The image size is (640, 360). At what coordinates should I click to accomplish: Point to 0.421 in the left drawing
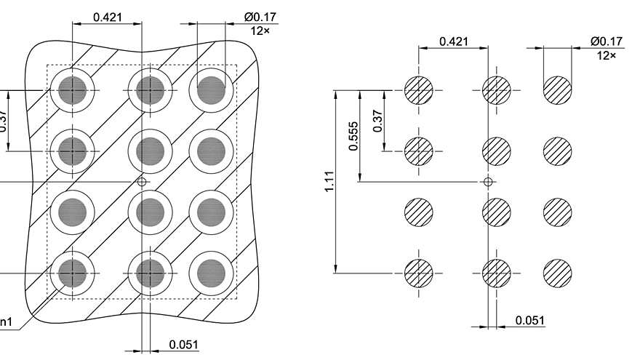tap(107, 17)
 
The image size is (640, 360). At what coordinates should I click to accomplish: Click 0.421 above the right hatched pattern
tap(454, 41)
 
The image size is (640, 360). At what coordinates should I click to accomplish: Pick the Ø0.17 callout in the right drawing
tap(606, 41)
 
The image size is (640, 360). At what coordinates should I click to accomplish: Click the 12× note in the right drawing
tap(606, 55)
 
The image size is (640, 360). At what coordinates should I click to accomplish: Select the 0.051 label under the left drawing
tap(183, 345)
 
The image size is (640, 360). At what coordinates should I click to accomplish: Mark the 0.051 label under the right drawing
tap(529, 320)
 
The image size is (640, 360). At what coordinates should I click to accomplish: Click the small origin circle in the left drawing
tap(143, 181)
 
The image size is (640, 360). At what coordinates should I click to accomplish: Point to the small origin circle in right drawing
tap(489, 181)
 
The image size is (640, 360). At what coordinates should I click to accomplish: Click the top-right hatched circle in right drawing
tap(557, 90)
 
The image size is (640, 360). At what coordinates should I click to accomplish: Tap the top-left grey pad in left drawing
tap(73, 90)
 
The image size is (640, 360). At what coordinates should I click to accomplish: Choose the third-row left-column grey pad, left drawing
tap(73, 212)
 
